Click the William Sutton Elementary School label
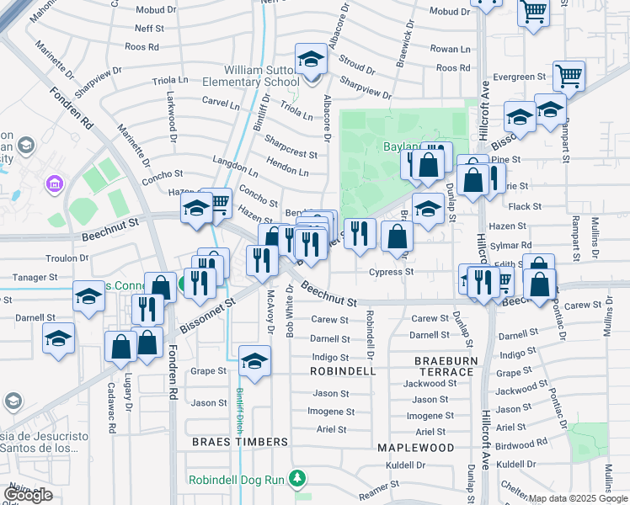261,76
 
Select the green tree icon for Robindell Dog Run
296,479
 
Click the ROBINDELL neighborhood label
342,371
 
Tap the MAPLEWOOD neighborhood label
416,447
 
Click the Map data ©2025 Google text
578,498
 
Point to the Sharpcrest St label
291,155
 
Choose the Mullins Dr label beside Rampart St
595,237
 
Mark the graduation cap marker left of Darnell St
59,338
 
